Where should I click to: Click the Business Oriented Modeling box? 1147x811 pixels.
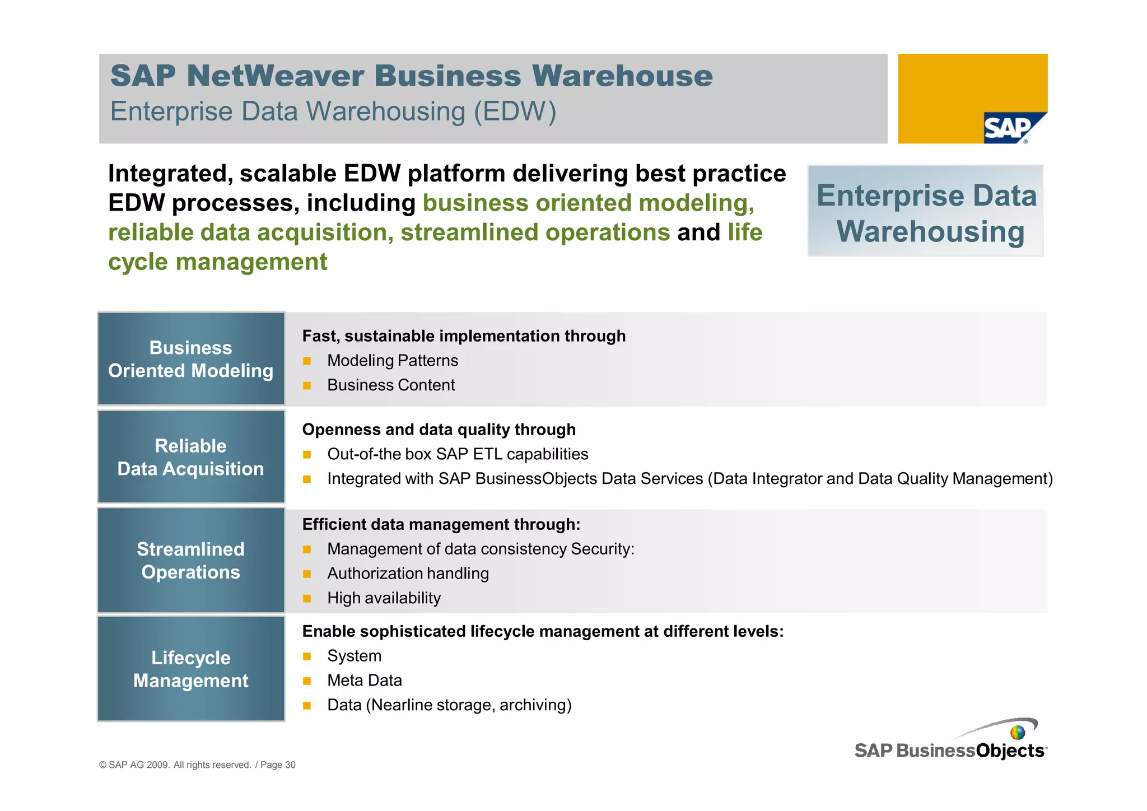pyautogui.click(x=191, y=359)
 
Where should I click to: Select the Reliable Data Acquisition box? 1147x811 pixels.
pyautogui.click(x=191, y=457)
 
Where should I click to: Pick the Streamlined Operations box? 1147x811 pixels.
pyautogui.click(x=191, y=560)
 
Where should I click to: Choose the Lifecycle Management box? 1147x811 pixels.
pyautogui.click(x=191, y=669)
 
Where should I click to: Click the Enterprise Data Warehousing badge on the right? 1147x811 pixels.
pyautogui.click(x=925, y=212)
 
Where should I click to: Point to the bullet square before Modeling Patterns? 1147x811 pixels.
pyautogui.click(x=307, y=361)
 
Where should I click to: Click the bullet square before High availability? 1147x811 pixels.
pyautogui.click(x=307, y=599)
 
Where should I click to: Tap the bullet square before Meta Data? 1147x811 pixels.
pyautogui.click(x=307, y=681)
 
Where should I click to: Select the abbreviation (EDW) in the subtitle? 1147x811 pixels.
pyautogui.click(x=515, y=111)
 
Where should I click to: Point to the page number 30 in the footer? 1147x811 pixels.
pyautogui.click(x=290, y=765)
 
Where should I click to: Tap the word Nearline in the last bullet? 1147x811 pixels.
pyautogui.click(x=399, y=705)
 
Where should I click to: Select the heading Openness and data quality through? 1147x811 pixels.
pyautogui.click(x=439, y=430)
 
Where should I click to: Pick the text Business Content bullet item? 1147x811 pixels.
pyautogui.click(x=391, y=385)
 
